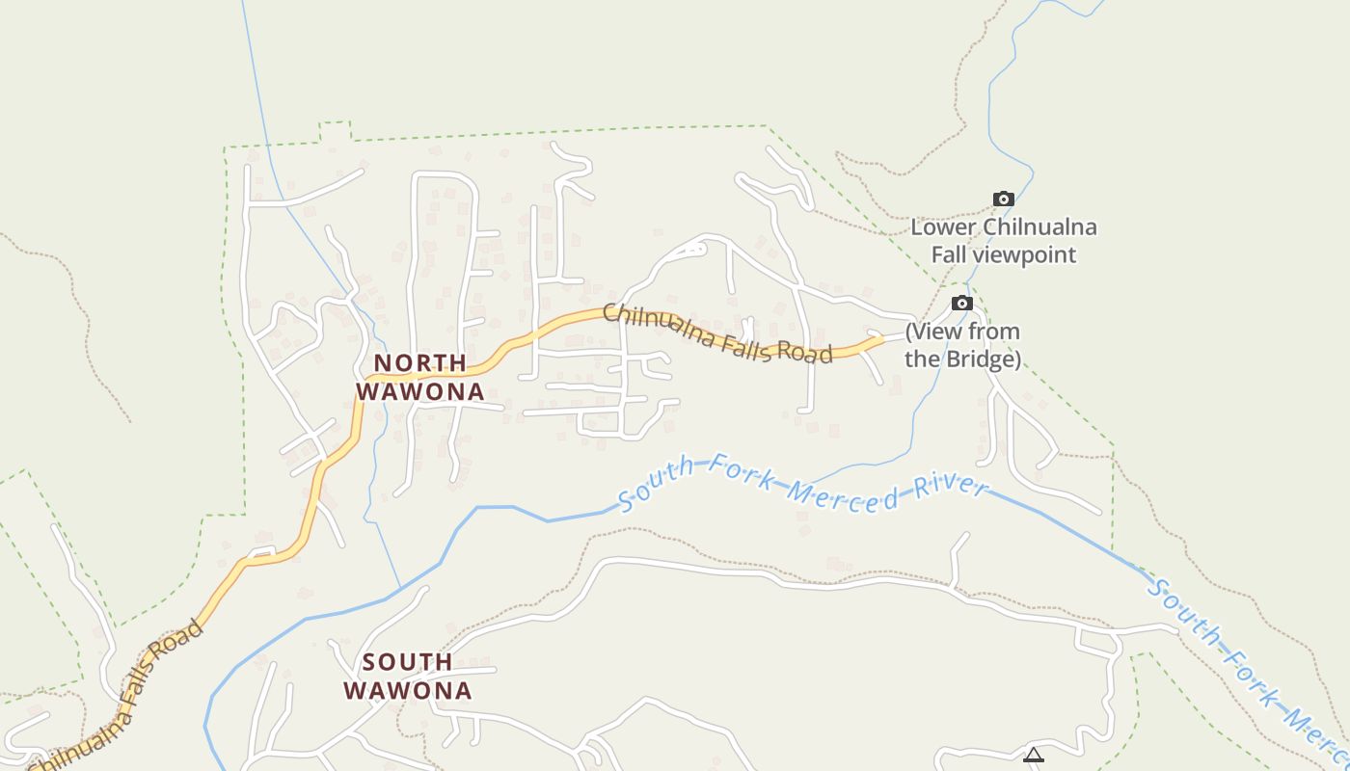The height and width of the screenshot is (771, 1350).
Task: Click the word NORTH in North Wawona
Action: [419, 363]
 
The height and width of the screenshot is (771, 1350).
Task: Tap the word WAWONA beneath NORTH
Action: [419, 392]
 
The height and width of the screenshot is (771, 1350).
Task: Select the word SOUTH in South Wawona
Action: [407, 662]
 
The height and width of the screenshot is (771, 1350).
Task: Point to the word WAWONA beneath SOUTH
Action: [407, 691]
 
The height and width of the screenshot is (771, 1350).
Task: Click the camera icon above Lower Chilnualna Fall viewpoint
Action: [1004, 199]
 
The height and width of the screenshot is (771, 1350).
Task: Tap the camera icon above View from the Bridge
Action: [961, 304]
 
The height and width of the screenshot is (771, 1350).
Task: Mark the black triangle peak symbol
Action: [1034, 756]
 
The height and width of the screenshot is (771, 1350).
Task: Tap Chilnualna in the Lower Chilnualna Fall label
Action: [1039, 228]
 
